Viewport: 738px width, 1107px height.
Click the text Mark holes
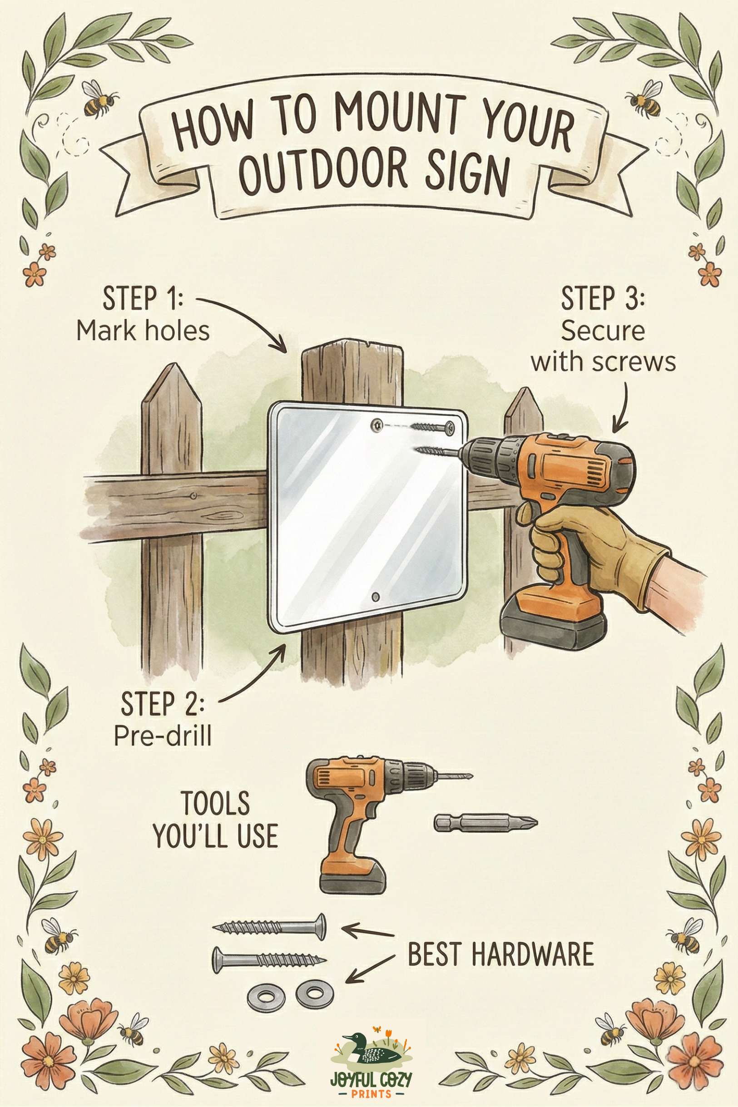click(x=143, y=331)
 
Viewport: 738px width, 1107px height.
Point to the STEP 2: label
click(x=163, y=703)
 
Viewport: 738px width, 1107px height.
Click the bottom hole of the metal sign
click(x=375, y=597)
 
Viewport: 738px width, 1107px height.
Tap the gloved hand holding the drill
click(x=593, y=550)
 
